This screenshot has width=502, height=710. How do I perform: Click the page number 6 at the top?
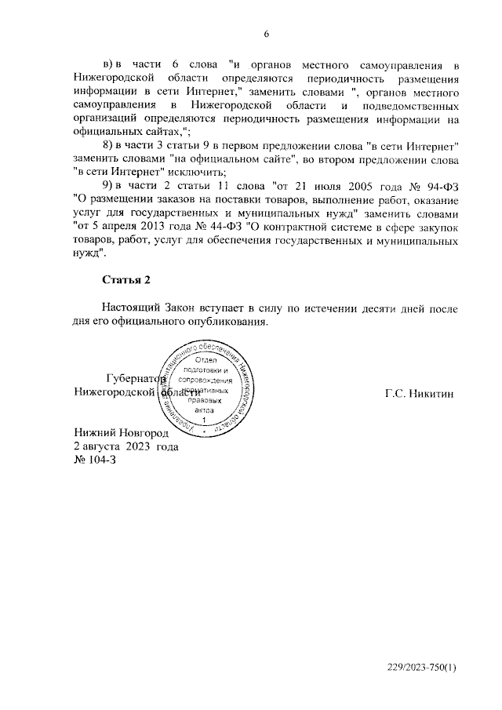266,34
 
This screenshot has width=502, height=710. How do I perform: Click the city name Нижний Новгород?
121,432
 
